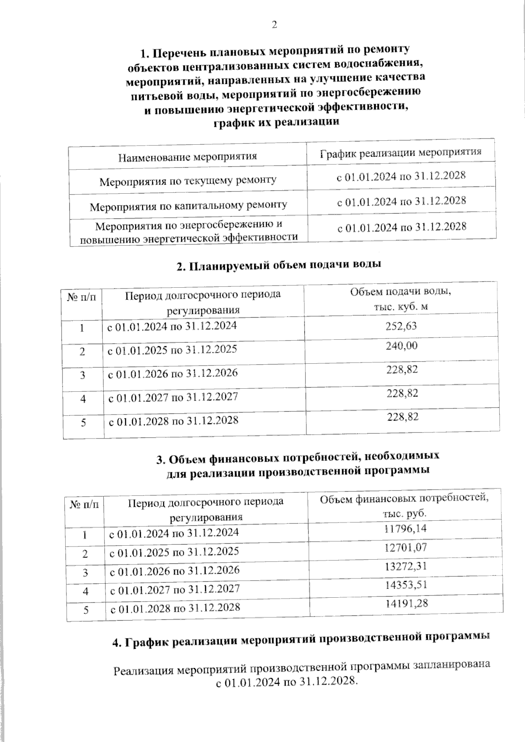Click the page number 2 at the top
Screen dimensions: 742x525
[x=274, y=25]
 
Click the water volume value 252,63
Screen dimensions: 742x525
[x=402, y=326]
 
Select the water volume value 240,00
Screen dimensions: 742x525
[x=402, y=346]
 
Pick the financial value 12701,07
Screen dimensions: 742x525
[x=406, y=547]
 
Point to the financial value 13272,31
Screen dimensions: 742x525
[x=406, y=567]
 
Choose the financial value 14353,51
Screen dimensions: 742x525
[x=406, y=585]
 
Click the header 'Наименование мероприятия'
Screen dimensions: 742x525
[x=188, y=157]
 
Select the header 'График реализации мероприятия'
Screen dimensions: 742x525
[x=401, y=153]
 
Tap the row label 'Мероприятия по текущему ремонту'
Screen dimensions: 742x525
[x=188, y=180]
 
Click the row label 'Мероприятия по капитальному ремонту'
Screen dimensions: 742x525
[x=189, y=205]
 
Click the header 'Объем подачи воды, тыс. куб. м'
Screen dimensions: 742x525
[x=401, y=299]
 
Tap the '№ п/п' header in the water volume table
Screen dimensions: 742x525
[x=82, y=297]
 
